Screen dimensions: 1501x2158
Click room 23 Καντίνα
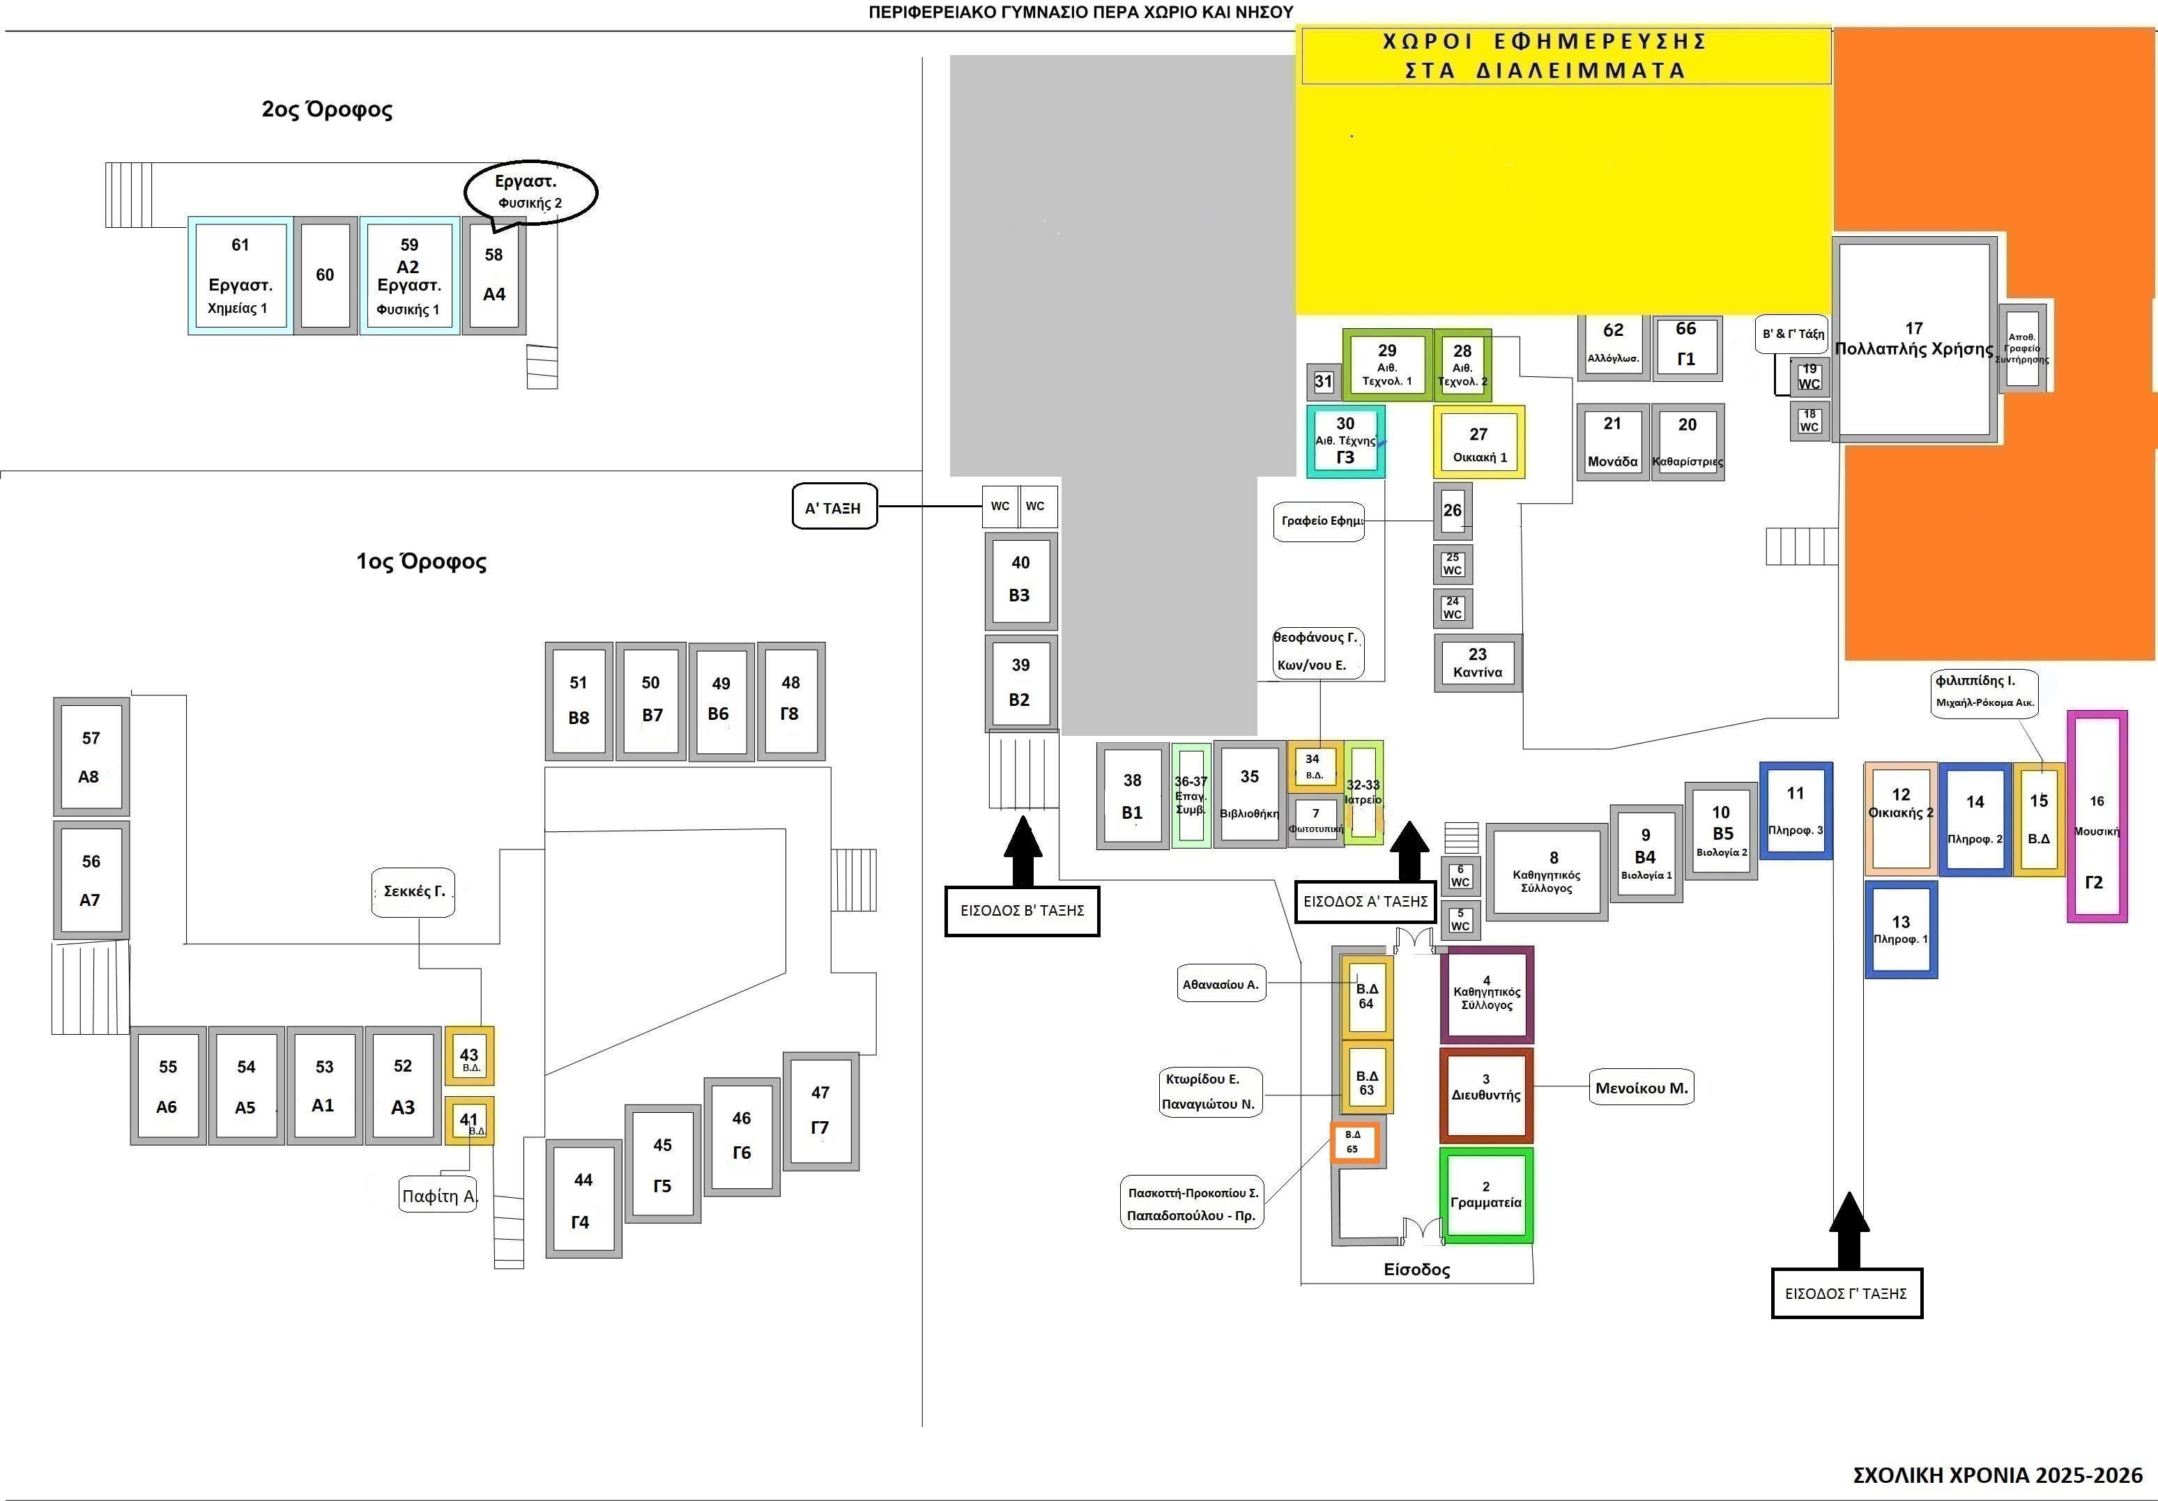(1478, 663)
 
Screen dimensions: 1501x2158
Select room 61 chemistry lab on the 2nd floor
(239, 275)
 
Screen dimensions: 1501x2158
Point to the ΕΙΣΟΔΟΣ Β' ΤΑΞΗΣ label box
(1022, 910)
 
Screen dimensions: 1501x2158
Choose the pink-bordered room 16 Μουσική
(2096, 816)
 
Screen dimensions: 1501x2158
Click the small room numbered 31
(1324, 382)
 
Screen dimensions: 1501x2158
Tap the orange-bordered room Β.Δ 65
(1354, 1142)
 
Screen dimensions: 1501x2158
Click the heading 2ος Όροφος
(327, 109)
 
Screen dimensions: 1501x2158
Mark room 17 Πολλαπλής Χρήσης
(1915, 339)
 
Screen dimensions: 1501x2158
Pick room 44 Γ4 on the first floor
(583, 1199)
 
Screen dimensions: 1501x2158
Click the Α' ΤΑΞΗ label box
(834, 507)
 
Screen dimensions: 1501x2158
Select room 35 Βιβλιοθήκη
(1249, 794)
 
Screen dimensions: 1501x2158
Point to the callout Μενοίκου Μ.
(1641, 1088)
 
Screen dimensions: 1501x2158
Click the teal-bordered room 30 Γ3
(1345, 441)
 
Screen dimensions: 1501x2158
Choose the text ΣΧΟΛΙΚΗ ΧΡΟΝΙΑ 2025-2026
(1997, 1475)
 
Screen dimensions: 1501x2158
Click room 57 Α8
(90, 757)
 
